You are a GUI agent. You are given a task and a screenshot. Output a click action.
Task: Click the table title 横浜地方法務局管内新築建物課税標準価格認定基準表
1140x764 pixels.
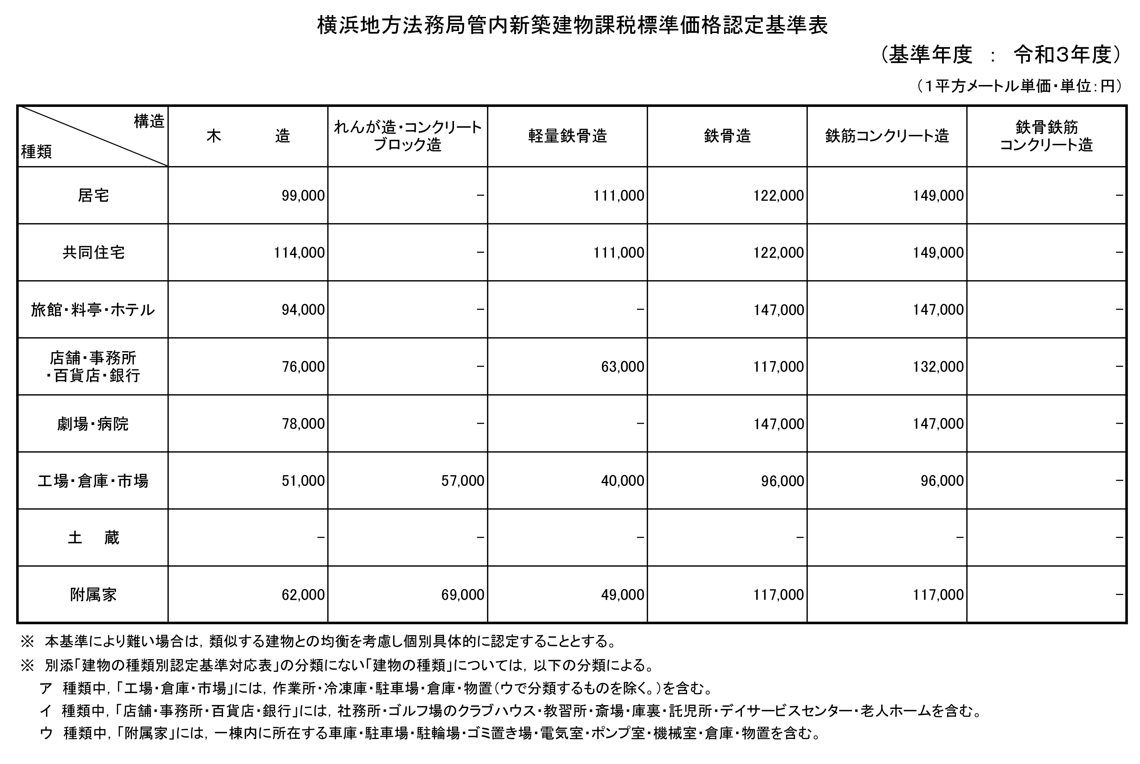(x=572, y=26)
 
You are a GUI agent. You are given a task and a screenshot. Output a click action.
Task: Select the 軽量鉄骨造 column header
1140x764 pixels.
(x=568, y=136)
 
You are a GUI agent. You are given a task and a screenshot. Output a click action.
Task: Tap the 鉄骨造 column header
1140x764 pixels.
(x=727, y=136)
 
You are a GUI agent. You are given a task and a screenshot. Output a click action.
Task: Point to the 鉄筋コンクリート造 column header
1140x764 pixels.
(x=887, y=136)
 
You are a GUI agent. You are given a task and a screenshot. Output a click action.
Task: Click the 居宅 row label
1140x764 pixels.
(x=93, y=195)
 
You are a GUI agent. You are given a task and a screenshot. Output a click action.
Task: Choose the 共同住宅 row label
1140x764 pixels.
(x=93, y=253)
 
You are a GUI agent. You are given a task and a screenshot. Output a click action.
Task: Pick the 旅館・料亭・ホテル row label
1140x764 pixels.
(x=93, y=310)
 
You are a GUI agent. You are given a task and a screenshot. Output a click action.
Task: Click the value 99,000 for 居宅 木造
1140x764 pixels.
(x=303, y=196)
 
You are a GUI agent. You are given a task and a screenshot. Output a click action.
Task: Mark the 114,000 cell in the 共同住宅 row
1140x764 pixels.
(x=299, y=253)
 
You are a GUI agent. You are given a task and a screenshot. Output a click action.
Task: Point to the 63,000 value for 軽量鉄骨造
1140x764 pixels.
(x=623, y=367)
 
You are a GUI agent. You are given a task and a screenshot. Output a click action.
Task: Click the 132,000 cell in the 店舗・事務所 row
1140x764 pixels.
(x=938, y=367)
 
